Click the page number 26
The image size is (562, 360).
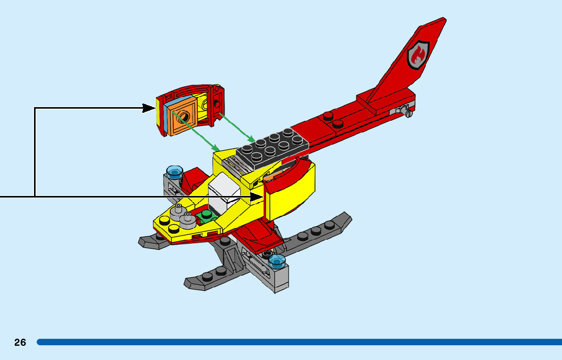click(20, 342)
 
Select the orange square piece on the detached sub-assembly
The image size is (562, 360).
click(181, 118)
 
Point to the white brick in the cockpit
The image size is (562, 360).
click(224, 193)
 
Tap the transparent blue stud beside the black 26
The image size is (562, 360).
click(277, 261)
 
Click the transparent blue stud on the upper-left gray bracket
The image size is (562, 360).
click(174, 171)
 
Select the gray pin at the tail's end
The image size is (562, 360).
click(405, 110)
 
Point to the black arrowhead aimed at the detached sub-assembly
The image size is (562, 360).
click(149, 108)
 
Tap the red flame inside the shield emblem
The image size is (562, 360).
click(418, 55)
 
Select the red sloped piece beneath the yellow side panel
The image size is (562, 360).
click(259, 236)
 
